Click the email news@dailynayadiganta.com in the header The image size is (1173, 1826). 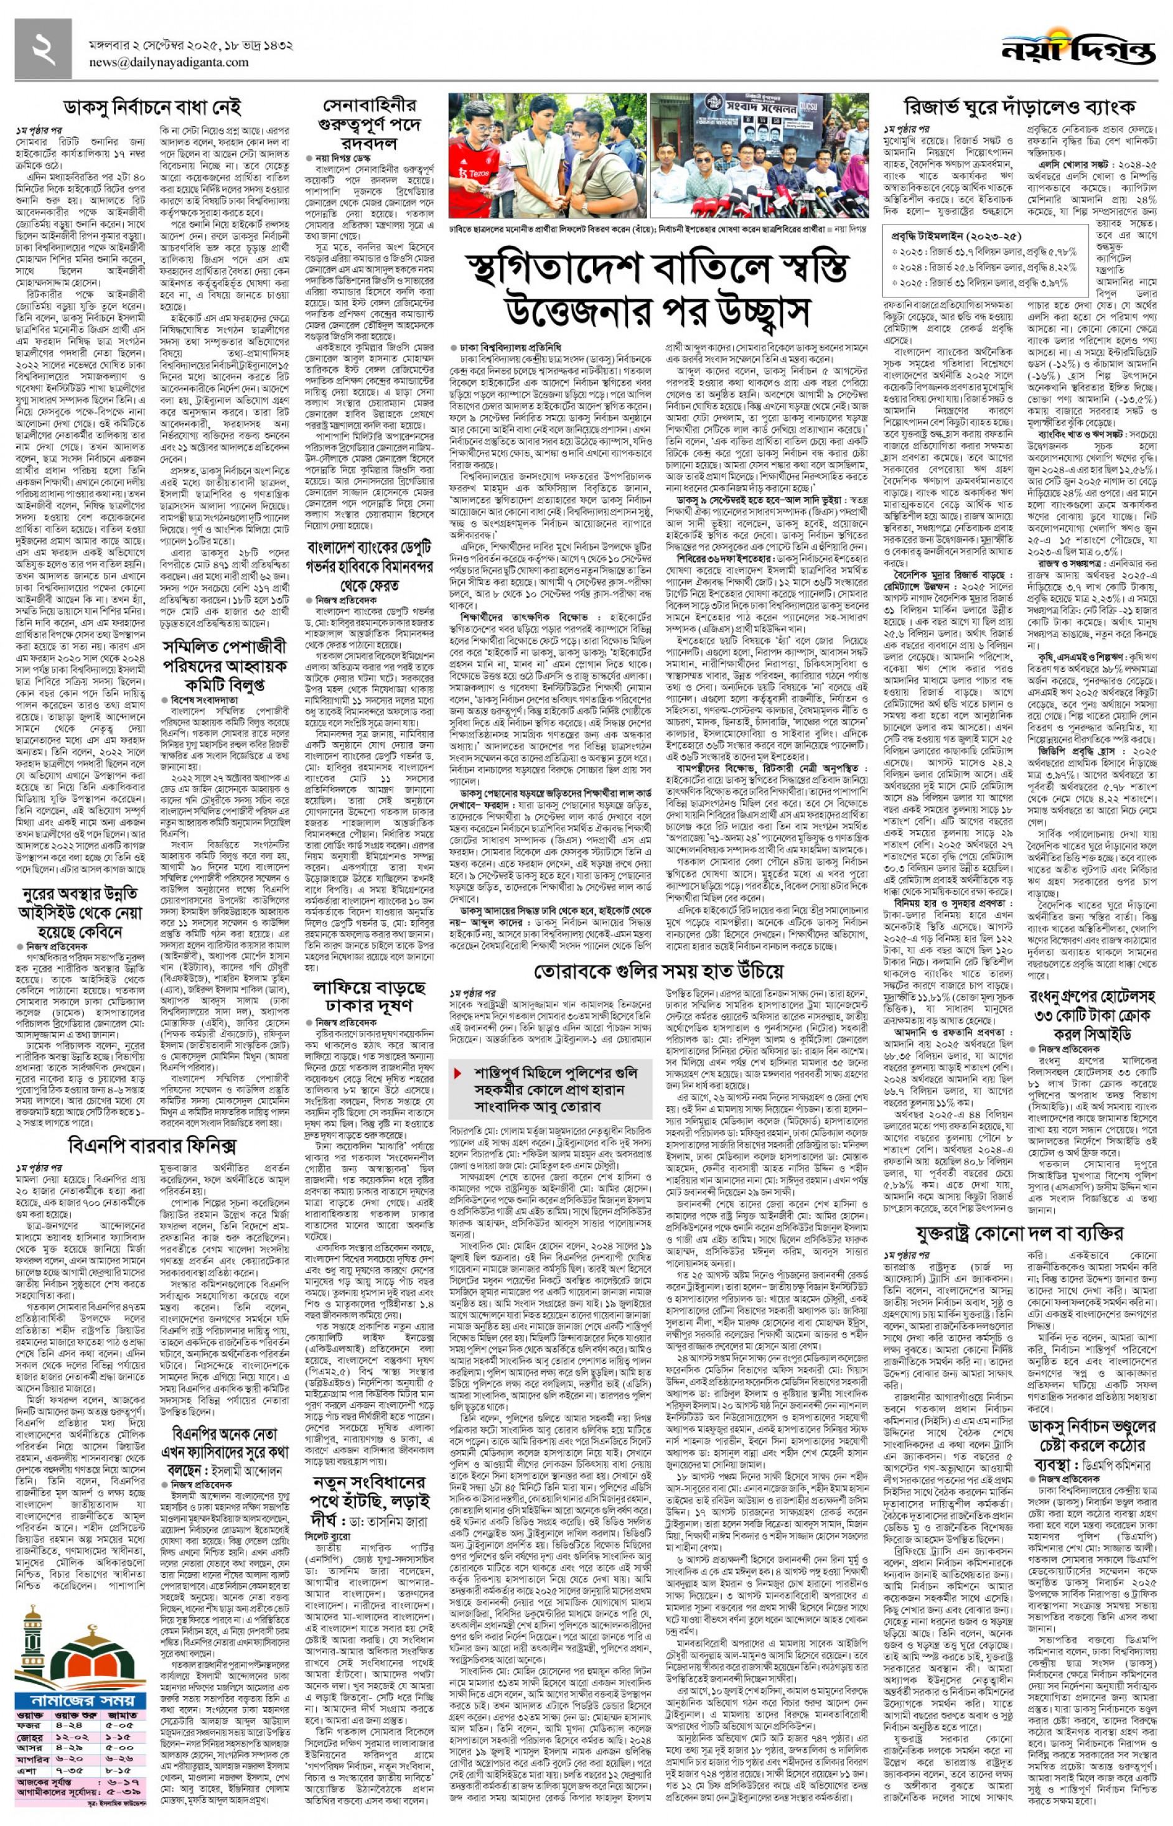coord(169,62)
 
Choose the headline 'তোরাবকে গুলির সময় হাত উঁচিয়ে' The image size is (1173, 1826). coord(658,971)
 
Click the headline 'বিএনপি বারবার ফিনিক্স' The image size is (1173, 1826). coord(152,1146)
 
